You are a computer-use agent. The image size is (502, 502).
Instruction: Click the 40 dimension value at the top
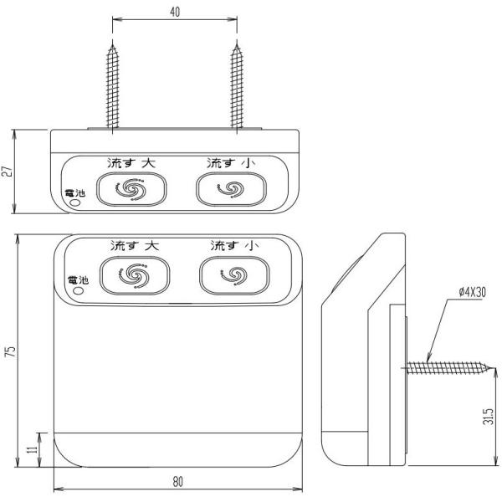(x=175, y=12)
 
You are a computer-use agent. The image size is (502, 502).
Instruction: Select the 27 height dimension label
(x=8, y=172)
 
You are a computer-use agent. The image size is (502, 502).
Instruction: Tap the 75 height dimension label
(x=11, y=351)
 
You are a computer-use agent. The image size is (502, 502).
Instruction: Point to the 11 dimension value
(x=32, y=449)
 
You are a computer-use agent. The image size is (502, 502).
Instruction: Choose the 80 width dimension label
(x=178, y=482)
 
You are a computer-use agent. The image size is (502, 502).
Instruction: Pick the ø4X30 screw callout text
(x=472, y=292)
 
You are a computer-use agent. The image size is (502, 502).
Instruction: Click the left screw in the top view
(x=112, y=86)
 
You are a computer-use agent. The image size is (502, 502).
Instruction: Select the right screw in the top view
(x=237, y=86)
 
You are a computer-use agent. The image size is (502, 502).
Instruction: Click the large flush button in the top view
(x=131, y=189)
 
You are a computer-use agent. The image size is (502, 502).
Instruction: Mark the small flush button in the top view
(x=231, y=189)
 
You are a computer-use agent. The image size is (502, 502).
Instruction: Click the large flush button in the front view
(x=135, y=275)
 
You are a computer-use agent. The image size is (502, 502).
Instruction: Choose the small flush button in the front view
(x=234, y=275)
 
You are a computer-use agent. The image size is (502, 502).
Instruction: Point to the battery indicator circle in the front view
(x=78, y=290)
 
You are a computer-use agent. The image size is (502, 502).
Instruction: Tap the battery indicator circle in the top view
(x=75, y=203)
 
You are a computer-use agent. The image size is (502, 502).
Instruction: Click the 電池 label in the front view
(x=78, y=280)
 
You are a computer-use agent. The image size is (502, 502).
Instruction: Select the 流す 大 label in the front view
(x=135, y=245)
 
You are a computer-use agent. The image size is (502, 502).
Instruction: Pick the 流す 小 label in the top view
(x=231, y=163)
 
